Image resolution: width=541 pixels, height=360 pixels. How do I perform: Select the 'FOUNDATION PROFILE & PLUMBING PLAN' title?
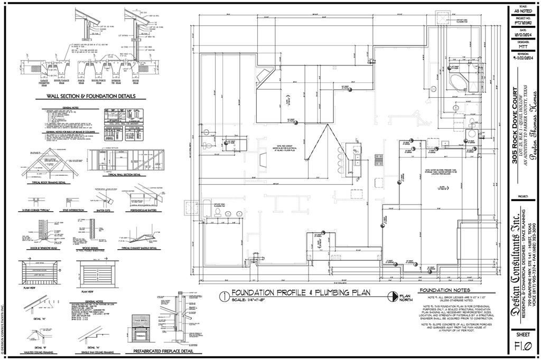tap(301, 292)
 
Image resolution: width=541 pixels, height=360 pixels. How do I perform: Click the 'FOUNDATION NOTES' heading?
tap(444, 290)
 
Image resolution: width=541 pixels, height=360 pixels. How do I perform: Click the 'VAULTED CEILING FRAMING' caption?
tap(37, 353)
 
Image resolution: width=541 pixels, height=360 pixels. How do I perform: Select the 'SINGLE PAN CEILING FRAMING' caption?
tap(99, 353)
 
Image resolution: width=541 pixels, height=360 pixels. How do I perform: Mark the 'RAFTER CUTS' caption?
tap(104, 210)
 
